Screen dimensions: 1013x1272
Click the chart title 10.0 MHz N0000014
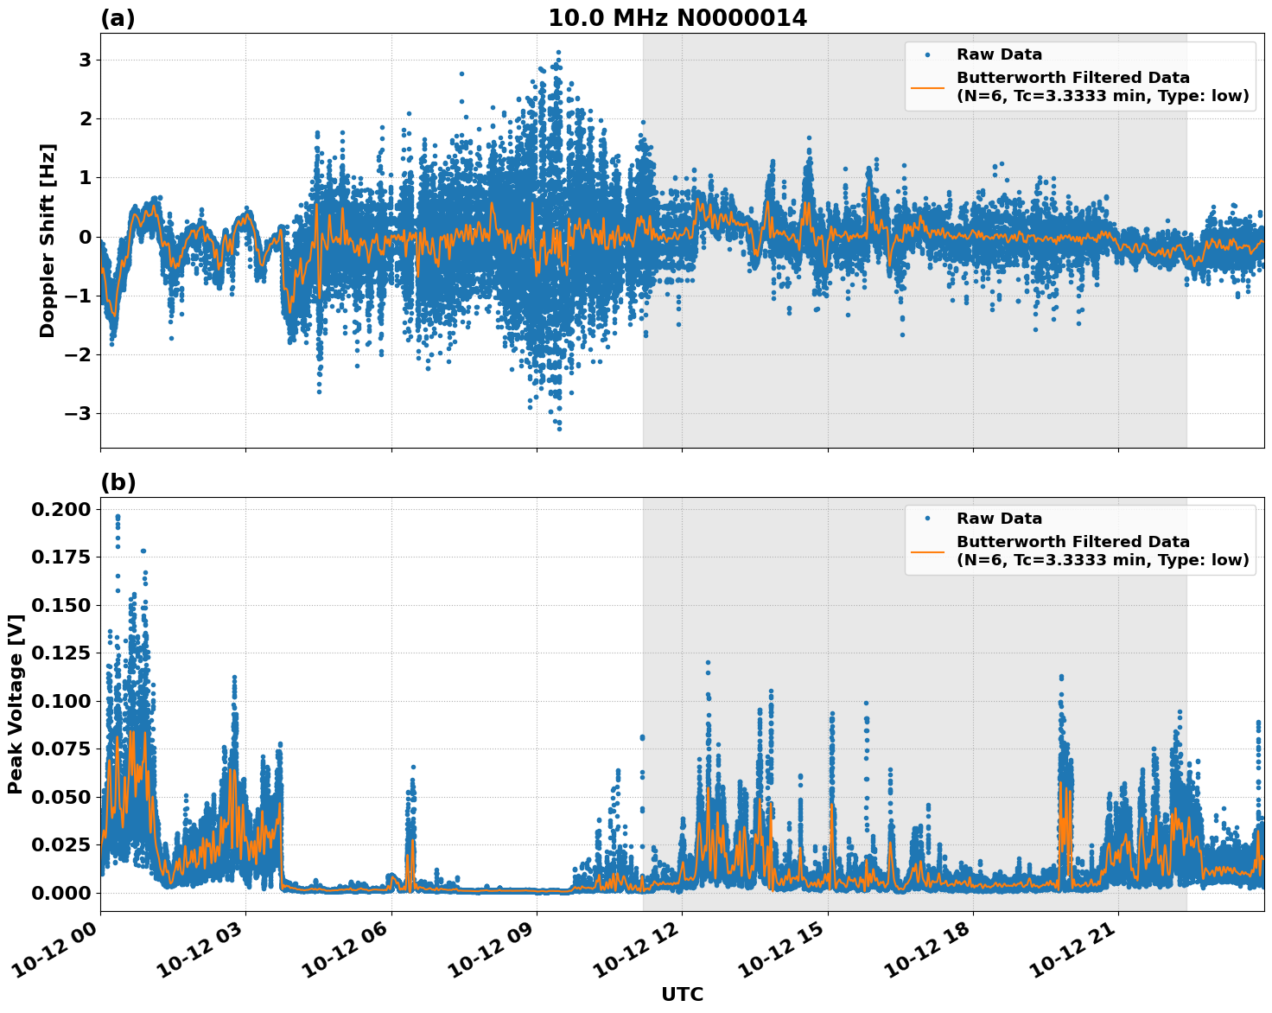677,18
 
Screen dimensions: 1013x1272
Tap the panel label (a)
118,18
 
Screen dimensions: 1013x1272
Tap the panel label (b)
118,482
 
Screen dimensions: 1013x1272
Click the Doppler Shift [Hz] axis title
48,240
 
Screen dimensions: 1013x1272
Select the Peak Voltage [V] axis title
15,704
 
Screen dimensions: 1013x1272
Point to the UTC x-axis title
682,994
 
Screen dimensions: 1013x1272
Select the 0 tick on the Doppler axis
85,237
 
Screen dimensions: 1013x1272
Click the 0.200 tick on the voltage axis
60,509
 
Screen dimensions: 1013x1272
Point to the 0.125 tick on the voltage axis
60,653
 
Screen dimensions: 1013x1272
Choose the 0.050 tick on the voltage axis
60,797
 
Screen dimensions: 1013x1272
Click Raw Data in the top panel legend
999,54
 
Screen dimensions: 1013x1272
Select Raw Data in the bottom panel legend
999,519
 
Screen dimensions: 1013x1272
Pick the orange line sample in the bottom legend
927,551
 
